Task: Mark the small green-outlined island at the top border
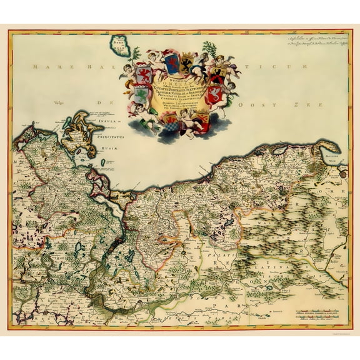(118, 44)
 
